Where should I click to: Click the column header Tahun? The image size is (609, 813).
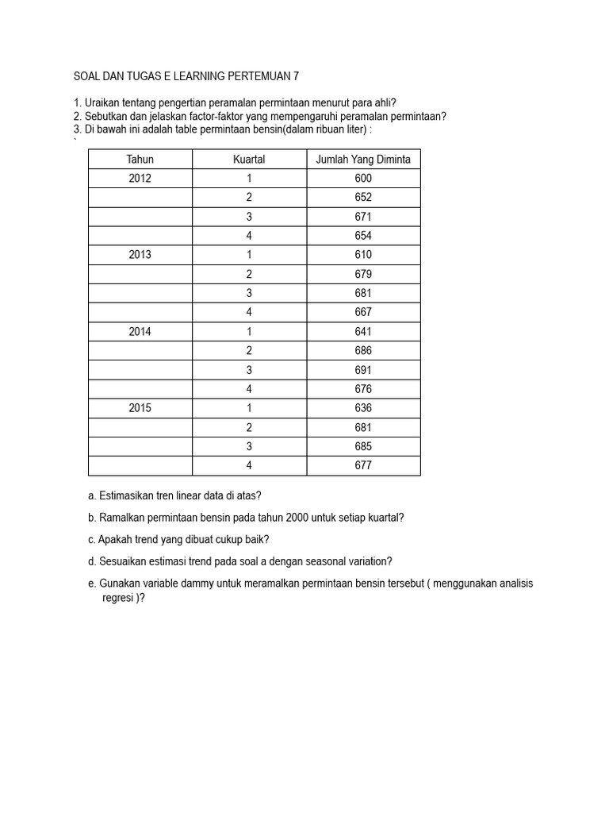click(x=140, y=160)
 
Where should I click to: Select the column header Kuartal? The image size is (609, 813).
click(x=249, y=160)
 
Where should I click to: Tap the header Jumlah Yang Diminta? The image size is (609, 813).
click(x=363, y=160)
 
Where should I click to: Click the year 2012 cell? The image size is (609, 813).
click(x=140, y=179)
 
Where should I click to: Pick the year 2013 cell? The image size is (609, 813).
click(x=140, y=255)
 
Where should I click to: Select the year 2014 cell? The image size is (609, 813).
click(x=140, y=332)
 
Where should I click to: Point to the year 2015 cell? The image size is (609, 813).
click(x=140, y=408)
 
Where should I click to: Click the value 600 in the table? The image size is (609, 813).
click(x=363, y=179)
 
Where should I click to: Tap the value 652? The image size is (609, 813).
click(x=363, y=198)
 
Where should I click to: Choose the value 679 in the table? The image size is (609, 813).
click(x=363, y=274)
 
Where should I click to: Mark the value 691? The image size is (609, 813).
click(x=363, y=370)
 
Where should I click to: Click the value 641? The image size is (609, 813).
click(x=363, y=332)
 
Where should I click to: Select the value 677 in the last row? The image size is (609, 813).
click(x=363, y=465)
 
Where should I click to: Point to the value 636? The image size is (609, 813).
click(x=363, y=408)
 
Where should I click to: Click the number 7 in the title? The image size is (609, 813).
click(x=297, y=76)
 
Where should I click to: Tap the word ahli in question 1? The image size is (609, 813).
click(x=383, y=102)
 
